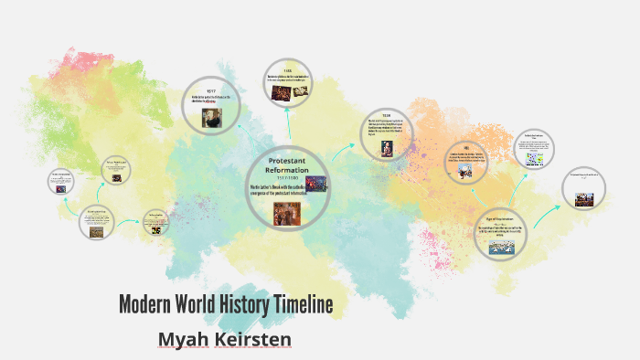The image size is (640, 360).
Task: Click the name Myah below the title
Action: (x=185, y=339)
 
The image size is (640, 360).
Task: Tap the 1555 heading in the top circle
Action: (x=286, y=70)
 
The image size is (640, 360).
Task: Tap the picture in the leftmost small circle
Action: (x=62, y=190)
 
